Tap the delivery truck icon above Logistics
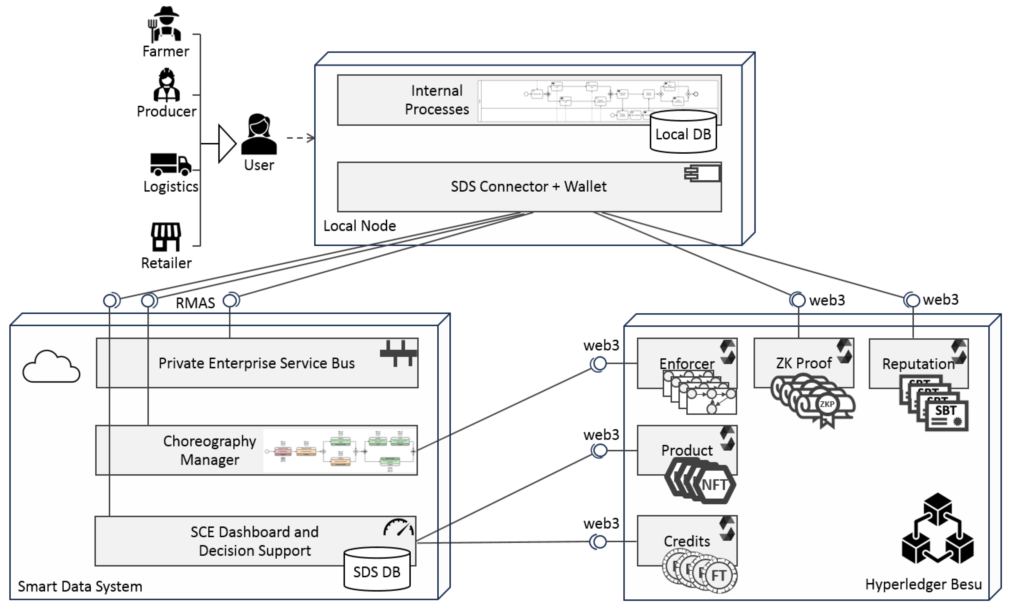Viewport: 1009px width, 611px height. coord(170,164)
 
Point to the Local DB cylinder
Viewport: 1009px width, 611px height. coord(683,133)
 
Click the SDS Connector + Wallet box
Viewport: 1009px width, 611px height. coord(528,187)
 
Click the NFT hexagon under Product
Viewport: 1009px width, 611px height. coord(714,485)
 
